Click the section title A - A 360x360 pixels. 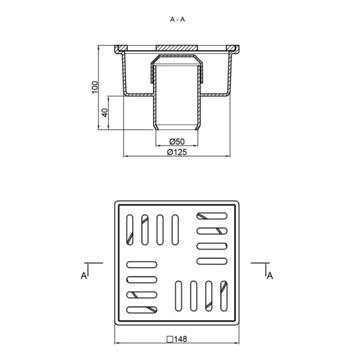click(x=177, y=20)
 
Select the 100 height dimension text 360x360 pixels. click(x=95, y=87)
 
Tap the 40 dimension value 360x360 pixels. click(x=104, y=113)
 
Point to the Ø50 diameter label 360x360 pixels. click(x=177, y=142)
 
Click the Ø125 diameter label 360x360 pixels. click(x=177, y=152)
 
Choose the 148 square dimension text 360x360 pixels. click(x=181, y=339)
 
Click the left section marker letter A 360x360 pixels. click(x=84, y=275)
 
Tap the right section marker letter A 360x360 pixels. click(x=270, y=275)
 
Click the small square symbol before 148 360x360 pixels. click(x=170, y=340)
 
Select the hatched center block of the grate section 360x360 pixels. click(x=177, y=48)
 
